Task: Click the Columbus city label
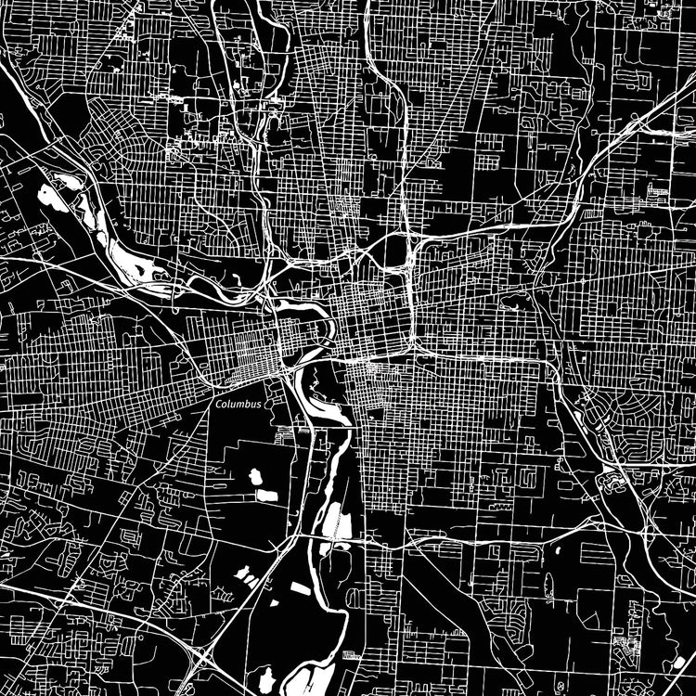pos(238,405)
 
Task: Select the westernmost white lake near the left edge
pos(45,195)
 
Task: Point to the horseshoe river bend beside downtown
pos(326,329)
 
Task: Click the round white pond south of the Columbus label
pos(255,477)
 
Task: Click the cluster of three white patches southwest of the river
pos(245,575)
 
